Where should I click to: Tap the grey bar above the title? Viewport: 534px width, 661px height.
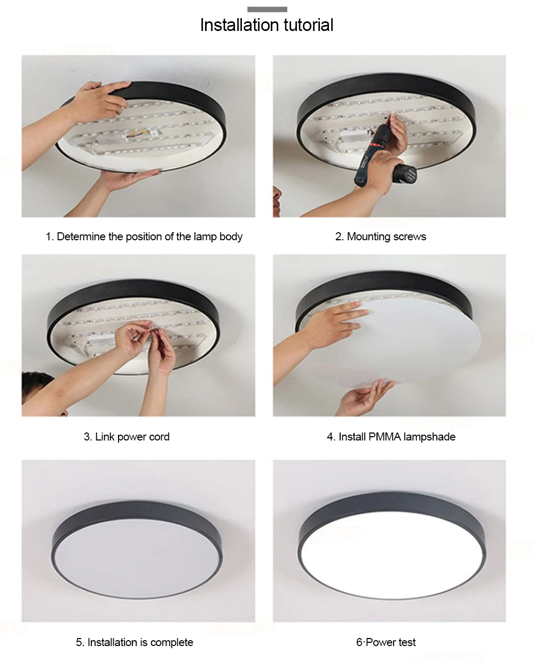pyautogui.click(x=267, y=9)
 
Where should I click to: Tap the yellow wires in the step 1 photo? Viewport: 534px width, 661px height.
pyautogui.click(x=137, y=133)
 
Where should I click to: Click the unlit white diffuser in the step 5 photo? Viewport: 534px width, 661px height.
pyautogui.click(x=137, y=559)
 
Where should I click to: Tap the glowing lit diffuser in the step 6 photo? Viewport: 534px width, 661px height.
pyautogui.click(x=392, y=555)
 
